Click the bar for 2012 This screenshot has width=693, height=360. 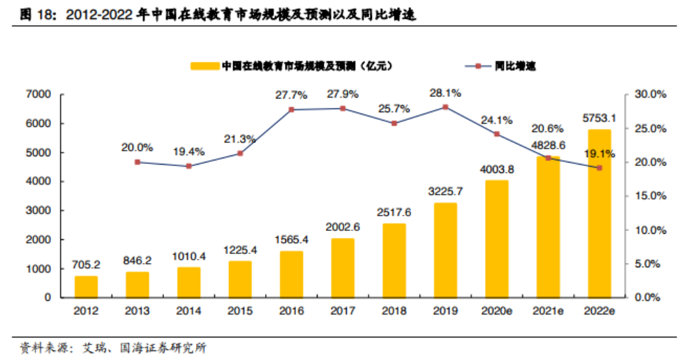click(x=87, y=286)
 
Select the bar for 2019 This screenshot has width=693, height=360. click(x=445, y=250)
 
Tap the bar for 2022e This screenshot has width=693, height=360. click(x=599, y=213)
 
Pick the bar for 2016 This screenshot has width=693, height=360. click(x=292, y=273)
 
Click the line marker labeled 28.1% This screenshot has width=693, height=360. click(x=445, y=107)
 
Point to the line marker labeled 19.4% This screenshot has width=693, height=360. click(x=189, y=166)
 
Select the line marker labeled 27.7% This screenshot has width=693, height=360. click(x=292, y=110)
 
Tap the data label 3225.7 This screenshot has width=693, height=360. click(x=445, y=190)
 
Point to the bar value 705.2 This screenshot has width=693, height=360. click(x=87, y=264)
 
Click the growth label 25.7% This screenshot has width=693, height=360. click(x=394, y=110)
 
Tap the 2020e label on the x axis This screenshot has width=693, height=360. click(x=496, y=310)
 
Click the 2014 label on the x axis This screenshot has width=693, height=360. click(x=189, y=310)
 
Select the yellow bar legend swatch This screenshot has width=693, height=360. click(x=204, y=66)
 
